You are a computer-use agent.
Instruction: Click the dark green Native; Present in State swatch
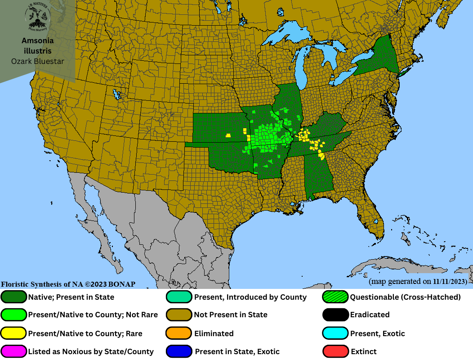point(14,297)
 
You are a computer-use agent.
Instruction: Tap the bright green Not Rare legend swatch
point(14,315)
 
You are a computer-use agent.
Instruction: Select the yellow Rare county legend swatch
point(14,333)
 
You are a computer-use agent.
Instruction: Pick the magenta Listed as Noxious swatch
point(14,351)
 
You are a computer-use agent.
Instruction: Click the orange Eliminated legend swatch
point(179,333)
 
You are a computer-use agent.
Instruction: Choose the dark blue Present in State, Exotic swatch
point(179,351)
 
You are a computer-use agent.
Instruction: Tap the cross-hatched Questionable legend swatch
point(336,297)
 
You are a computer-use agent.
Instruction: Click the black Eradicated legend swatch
point(336,315)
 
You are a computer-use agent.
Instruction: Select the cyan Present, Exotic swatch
point(336,333)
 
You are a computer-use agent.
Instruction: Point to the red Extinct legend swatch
point(336,351)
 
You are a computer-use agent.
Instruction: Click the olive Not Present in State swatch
point(179,315)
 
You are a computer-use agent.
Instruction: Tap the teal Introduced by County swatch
point(179,297)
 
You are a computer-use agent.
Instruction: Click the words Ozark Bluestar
point(37,61)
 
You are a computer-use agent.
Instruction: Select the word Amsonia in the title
point(37,40)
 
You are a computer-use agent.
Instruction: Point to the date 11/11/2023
point(450,282)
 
